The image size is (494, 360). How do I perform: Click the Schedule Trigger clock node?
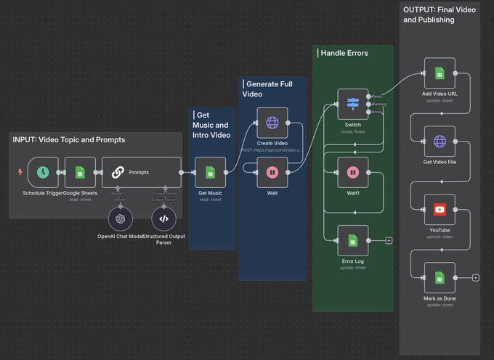[x=43, y=172]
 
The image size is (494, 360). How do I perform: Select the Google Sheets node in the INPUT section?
[x=80, y=172]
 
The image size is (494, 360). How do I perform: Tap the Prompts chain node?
[x=141, y=172]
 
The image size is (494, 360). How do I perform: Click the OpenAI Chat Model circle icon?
[x=120, y=218]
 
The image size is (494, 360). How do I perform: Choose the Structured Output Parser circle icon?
[x=163, y=218]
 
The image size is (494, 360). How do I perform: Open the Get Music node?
[x=209, y=172]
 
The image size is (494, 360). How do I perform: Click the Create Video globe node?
[x=272, y=123]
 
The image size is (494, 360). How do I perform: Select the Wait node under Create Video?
[x=272, y=172]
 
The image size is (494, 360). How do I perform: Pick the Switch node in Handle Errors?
[x=352, y=104]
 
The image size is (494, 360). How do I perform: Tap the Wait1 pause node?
[x=352, y=172]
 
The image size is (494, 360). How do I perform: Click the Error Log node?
[x=352, y=240]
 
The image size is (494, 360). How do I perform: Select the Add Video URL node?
[x=440, y=73]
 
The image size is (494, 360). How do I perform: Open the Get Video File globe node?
[x=440, y=141]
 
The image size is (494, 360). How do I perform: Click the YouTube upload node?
[x=440, y=209]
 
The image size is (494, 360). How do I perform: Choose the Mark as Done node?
[x=440, y=277]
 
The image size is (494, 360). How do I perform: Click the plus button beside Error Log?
[x=389, y=240]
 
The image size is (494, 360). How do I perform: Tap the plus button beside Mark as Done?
[x=475, y=277]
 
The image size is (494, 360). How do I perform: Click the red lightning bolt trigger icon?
[x=20, y=172]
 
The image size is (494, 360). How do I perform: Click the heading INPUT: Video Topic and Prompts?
[x=68, y=139]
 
